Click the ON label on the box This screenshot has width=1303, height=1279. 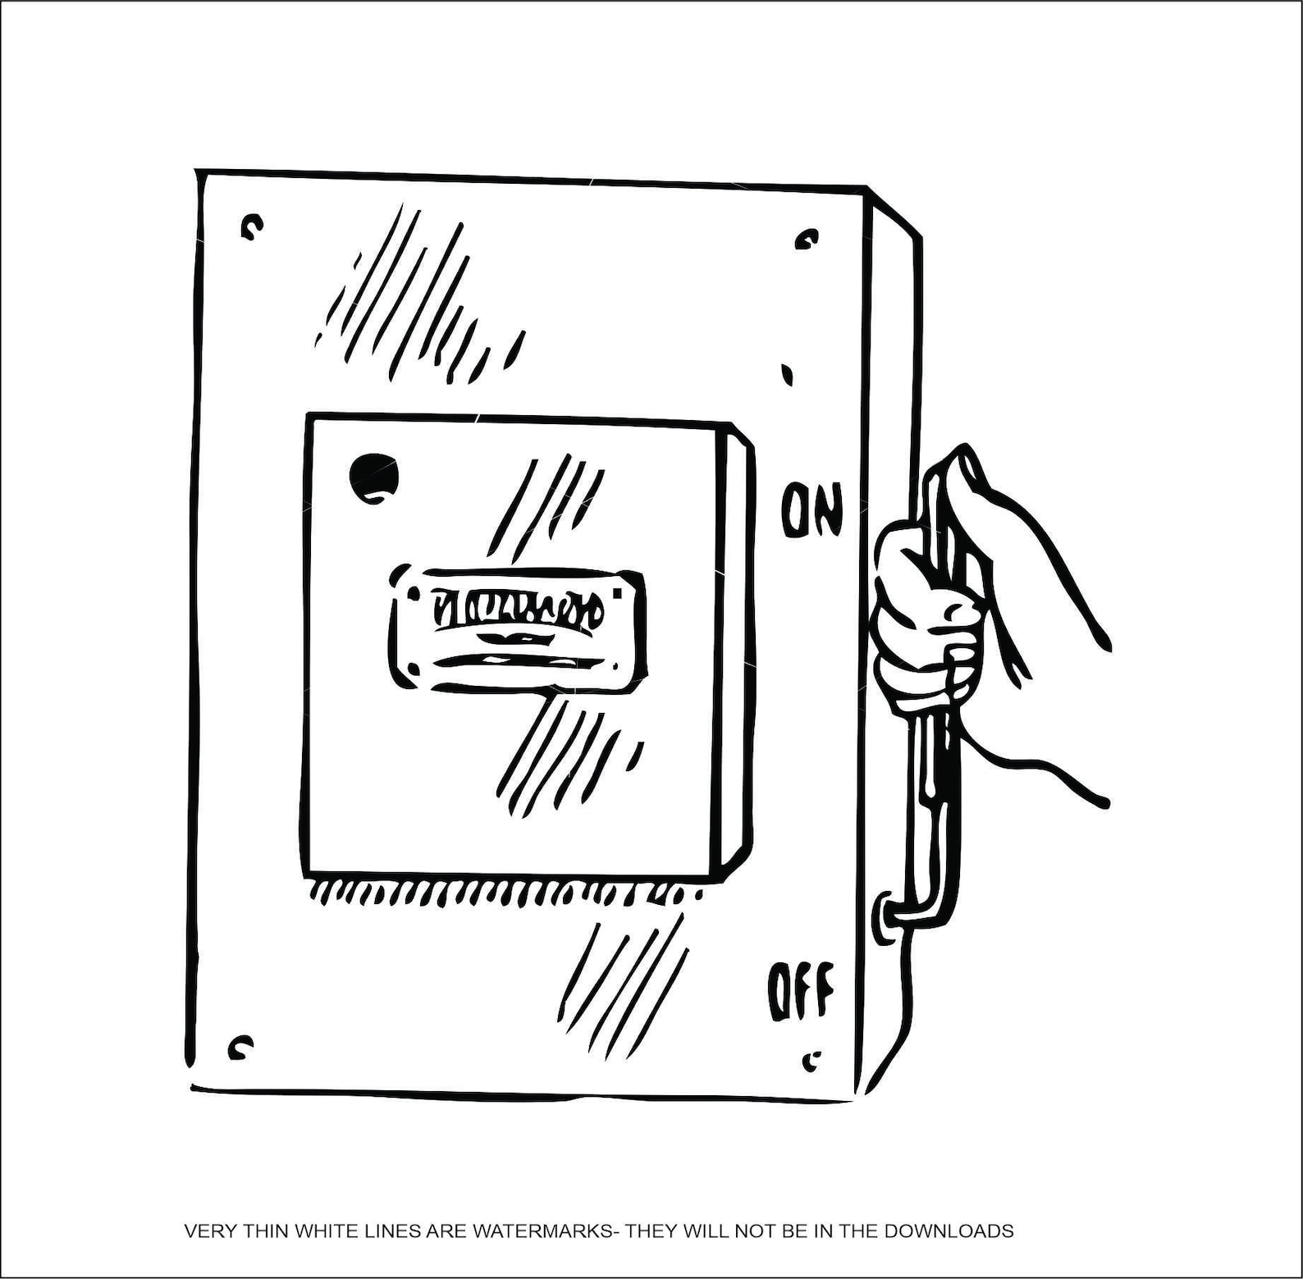click(811, 509)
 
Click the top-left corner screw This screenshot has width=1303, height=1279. click(252, 226)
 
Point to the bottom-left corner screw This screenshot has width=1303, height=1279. click(240, 1047)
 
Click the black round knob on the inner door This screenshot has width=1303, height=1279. click(374, 477)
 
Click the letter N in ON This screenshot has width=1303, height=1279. click(827, 511)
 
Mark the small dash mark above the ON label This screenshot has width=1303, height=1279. click(788, 374)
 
